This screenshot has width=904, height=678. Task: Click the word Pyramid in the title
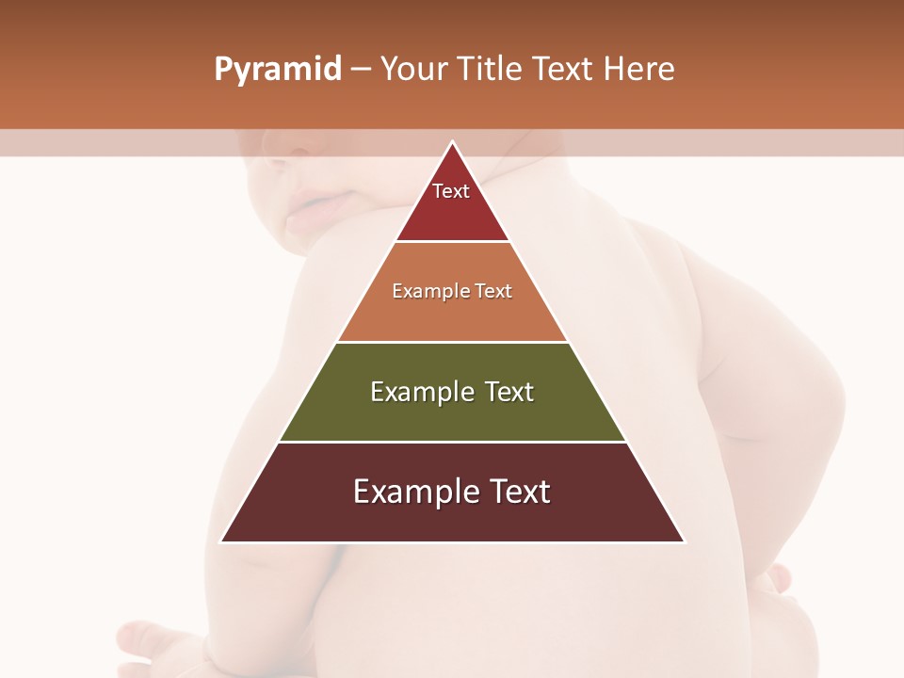pos(277,70)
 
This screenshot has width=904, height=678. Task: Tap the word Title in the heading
pos(491,70)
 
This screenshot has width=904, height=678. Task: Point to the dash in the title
pos(361,70)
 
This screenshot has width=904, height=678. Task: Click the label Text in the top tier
pos(451,191)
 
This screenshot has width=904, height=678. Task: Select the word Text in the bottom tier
pos(515,492)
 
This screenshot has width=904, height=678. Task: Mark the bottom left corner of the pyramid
pos(221,541)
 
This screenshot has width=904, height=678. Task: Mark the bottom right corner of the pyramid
pos(684,541)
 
